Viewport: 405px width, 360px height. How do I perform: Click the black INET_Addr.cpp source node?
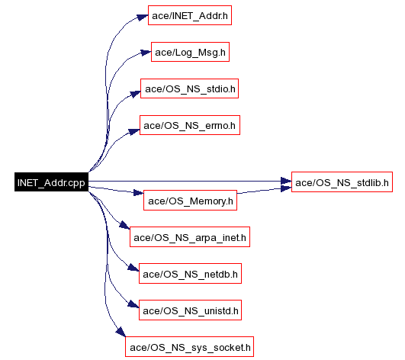(51, 182)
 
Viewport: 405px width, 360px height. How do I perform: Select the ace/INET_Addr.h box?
(190, 15)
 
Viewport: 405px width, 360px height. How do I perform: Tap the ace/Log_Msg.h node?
(190, 52)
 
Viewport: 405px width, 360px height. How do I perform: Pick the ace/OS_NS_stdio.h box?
(190, 88)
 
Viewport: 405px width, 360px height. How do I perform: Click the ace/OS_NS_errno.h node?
(190, 125)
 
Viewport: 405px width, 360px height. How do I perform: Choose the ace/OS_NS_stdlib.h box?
(342, 182)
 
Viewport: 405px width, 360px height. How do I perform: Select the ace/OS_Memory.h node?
(191, 201)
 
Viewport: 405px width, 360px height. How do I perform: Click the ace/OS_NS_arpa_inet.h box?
(190, 237)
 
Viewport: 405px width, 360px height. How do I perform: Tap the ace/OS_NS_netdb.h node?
(190, 274)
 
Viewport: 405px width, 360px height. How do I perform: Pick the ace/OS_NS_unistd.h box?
(190, 310)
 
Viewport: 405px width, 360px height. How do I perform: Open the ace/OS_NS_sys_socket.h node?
(190, 347)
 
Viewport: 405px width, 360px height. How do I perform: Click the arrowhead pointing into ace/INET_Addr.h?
(143, 17)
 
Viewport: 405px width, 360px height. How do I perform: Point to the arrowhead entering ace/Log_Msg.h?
(146, 53)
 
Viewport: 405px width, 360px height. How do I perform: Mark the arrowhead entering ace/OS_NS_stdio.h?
(135, 94)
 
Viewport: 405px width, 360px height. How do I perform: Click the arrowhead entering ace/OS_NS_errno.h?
(134, 132)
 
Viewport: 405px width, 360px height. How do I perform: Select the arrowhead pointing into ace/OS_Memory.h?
(139, 193)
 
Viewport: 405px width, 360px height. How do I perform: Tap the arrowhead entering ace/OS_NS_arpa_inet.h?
(124, 225)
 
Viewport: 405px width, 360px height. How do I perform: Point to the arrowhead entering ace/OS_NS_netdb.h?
(133, 267)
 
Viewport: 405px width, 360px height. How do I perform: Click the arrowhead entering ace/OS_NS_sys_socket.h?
(121, 332)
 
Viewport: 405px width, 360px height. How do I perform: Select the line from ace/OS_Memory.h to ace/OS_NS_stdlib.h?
(264, 191)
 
